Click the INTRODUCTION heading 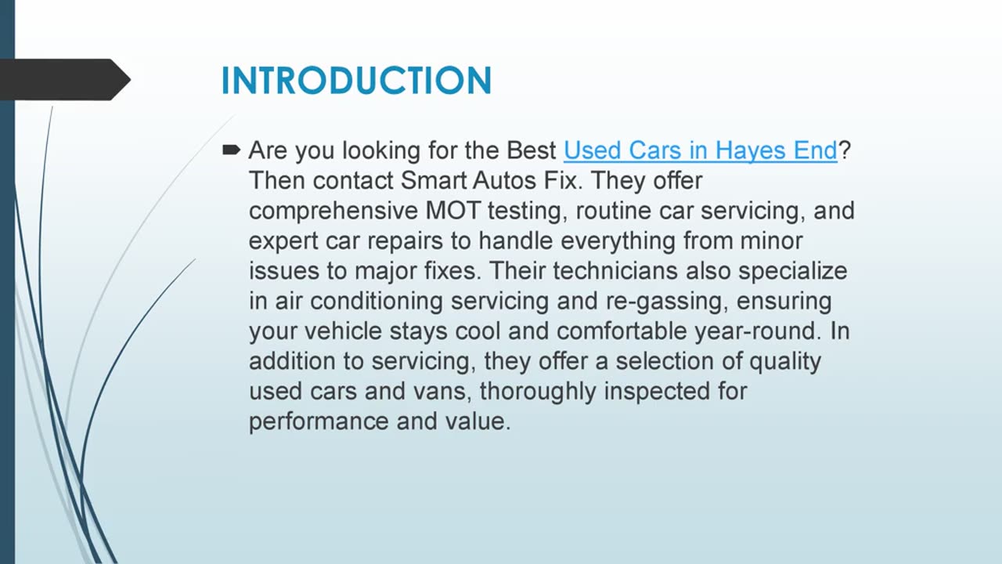356,81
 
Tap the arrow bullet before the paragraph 231,150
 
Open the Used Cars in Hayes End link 700,150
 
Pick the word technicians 616,271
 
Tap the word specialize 793,271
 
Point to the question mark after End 844,150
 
